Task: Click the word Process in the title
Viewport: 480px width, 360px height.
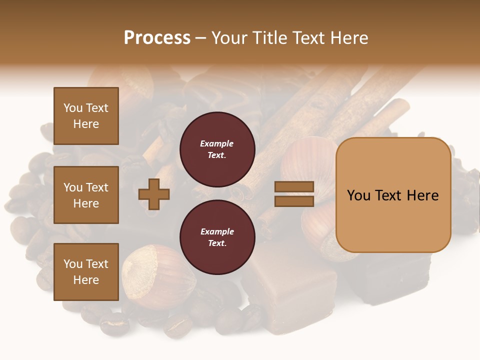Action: (x=157, y=37)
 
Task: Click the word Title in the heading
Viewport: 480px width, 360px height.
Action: (x=272, y=37)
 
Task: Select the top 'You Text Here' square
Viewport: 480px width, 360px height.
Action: (x=86, y=116)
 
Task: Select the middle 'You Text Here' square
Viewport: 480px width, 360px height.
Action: (x=86, y=195)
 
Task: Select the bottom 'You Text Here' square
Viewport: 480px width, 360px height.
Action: (x=86, y=272)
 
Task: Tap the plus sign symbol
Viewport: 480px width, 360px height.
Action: (x=154, y=194)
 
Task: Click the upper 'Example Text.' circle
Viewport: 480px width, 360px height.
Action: (x=217, y=149)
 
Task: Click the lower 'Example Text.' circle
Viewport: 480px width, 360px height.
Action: (x=217, y=237)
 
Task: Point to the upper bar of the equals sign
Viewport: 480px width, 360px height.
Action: (x=294, y=187)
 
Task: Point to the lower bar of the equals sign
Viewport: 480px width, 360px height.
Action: (x=294, y=201)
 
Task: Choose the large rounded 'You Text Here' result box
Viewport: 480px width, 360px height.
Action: (x=393, y=195)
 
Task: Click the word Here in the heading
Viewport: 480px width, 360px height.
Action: (x=348, y=37)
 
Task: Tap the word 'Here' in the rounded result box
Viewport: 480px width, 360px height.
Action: (x=422, y=195)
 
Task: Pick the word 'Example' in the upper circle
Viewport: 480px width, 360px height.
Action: (x=217, y=143)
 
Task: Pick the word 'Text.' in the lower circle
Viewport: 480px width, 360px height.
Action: (x=217, y=243)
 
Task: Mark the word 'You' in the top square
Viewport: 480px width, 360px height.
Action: (x=73, y=108)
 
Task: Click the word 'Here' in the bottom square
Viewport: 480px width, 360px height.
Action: (x=86, y=280)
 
